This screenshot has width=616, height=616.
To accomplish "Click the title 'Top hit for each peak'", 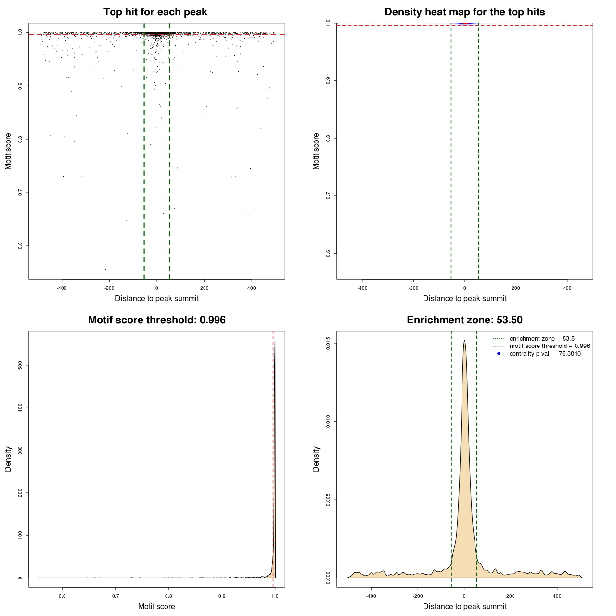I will (x=155, y=12).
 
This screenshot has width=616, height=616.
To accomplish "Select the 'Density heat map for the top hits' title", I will (x=464, y=12).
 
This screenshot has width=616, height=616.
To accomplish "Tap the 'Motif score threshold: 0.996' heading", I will (x=156, y=320).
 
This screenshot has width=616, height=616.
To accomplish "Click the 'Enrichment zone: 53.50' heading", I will (x=464, y=320).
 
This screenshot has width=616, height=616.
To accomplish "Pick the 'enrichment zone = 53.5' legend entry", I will (x=542, y=339).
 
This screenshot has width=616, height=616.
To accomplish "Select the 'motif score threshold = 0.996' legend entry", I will (x=550, y=346).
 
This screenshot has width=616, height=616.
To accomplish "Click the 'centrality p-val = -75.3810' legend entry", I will (x=545, y=354).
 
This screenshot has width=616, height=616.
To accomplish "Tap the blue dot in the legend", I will (x=499, y=354).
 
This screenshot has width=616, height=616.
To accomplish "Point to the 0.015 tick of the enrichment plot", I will (x=328, y=344).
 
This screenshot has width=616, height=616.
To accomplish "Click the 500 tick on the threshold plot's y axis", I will (x=20, y=365).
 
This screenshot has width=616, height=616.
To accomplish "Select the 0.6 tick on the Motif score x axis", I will (x=62, y=596).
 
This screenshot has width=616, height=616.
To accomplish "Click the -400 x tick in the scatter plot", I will (x=62, y=288).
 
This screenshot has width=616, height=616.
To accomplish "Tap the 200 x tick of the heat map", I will (x=516, y=288).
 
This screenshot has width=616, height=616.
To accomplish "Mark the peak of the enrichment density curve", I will (x=464, y=341).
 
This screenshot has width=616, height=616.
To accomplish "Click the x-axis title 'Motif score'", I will (x=156, y=606).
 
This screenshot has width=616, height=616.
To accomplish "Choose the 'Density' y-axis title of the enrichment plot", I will (x=316, y=459).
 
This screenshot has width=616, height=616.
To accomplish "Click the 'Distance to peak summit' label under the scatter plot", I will (x=157, y=298).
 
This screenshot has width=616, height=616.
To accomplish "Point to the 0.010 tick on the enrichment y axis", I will (x=328, y=422).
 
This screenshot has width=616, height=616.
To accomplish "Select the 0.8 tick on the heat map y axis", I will (x=328, y=138).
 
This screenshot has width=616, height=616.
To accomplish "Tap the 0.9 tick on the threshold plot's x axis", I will (x=222, y=596).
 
